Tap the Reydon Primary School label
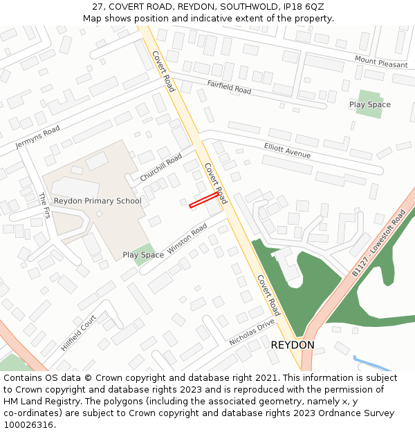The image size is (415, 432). point(98,201)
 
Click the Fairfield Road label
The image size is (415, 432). point(229,86)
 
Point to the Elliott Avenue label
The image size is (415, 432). point(288,150)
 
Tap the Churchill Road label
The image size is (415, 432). point(160,167)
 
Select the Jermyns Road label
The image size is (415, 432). point(37,137)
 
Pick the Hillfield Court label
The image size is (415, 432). point(78,333)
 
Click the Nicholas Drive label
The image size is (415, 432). point(251,332)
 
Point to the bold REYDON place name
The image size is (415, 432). point(293,344)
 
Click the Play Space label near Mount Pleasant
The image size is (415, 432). point(369,104)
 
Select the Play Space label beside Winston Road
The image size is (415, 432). point(143,255)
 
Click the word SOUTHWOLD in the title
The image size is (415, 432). point(255,6)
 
